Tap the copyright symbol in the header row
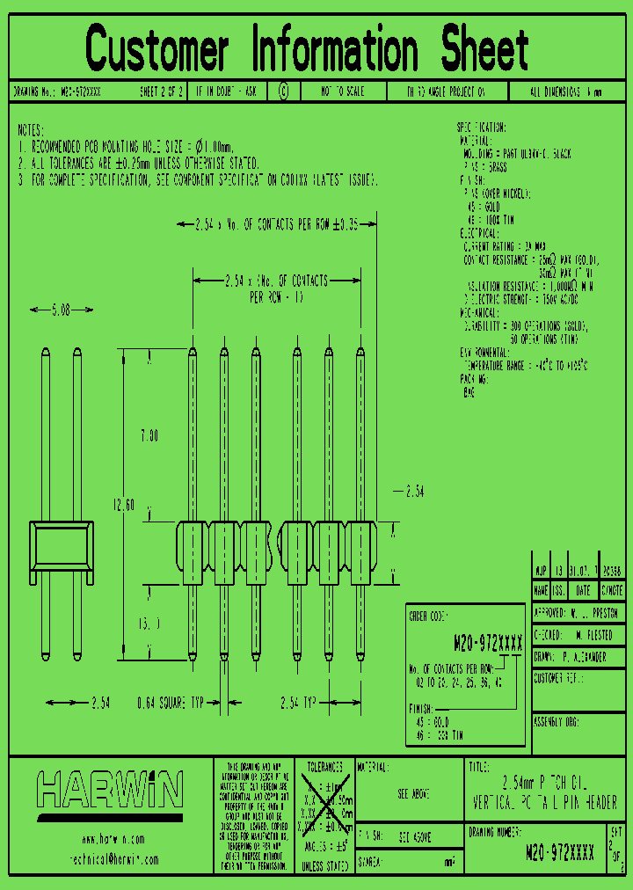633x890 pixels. coord(283,91)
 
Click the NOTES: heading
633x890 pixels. coord(36,129)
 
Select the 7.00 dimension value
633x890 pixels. coord(149,435)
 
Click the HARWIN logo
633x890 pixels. coord(109,789)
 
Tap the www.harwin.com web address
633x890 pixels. coord(111,838)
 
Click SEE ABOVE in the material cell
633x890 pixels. coord(413,793)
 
